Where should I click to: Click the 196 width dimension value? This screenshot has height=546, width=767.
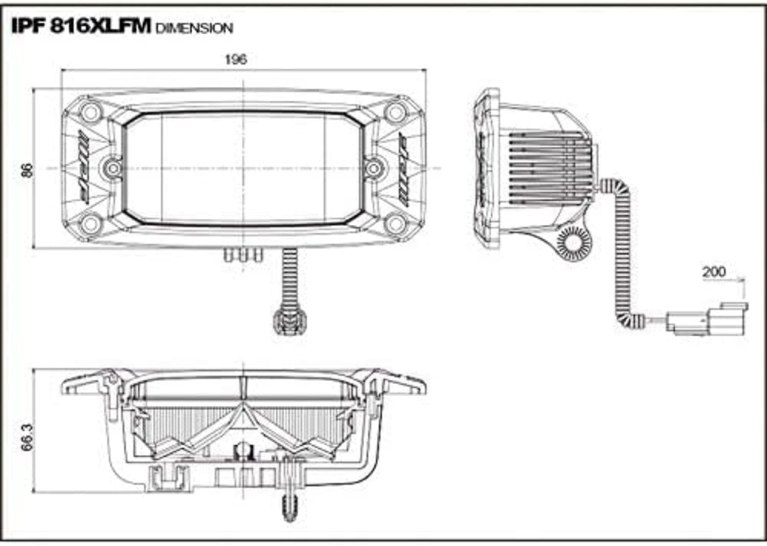coord(235,59)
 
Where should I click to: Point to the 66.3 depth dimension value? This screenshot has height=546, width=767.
coord(28,438)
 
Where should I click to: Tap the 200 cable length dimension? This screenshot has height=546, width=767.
coord(714,272)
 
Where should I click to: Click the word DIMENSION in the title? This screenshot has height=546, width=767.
coord(194,28)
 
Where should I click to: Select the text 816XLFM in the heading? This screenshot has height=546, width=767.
coord(100,26)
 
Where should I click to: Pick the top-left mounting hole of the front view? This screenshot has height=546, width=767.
coord(91,111)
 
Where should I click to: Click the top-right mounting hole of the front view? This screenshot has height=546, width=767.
coord(396,111)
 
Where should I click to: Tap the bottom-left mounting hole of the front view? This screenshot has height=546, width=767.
coord(91,224)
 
